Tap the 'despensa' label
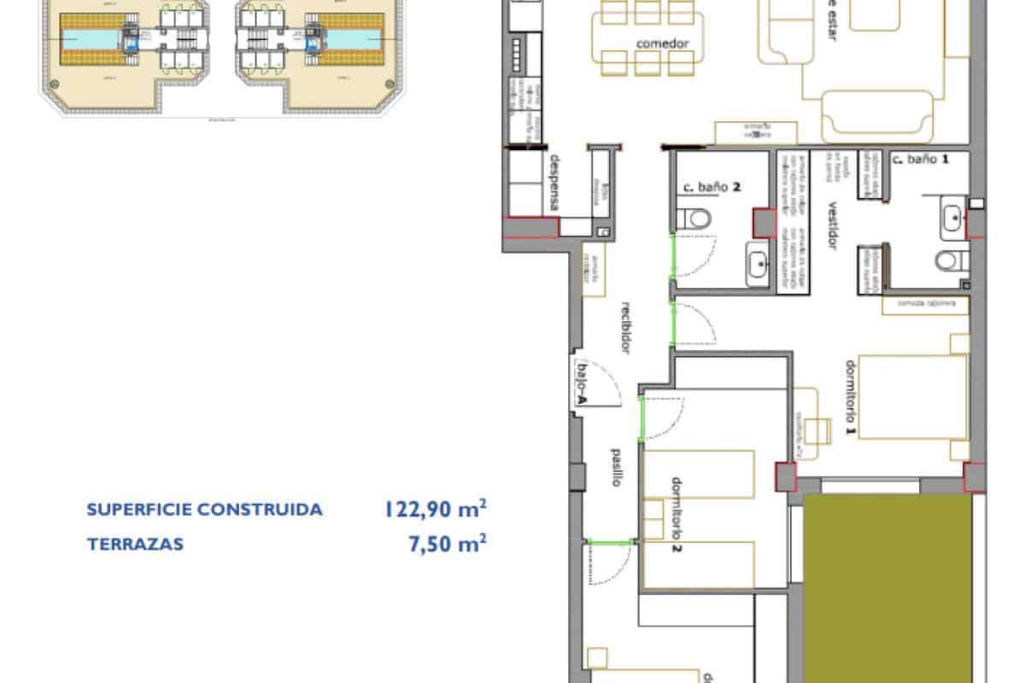(x=554, y=184)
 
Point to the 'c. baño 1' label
(x=920, y=159)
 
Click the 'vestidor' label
(x=830, y=227)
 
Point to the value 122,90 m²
(x=436, y=510)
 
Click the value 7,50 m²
(x=448, y=544)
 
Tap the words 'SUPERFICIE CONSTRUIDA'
(x=205, y=511)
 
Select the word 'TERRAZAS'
(x=136, y=544)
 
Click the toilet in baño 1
(x=951, y=260)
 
